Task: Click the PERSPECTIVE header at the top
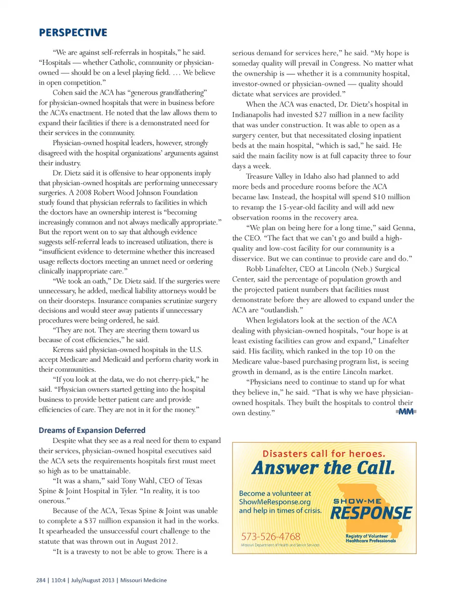coord(73,33)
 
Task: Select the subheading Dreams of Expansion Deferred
coord(92,430)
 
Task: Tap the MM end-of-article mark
coord(406,411)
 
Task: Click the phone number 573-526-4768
coord(271,536)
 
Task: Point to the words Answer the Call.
coord(323,468)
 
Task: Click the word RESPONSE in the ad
coord(371,513)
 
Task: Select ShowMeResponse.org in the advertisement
coord(274,502)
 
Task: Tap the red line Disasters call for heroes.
coord(324,453)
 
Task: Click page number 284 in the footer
coord(41,580)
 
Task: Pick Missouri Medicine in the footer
coord(143,580)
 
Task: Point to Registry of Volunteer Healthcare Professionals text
coord(370,538)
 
